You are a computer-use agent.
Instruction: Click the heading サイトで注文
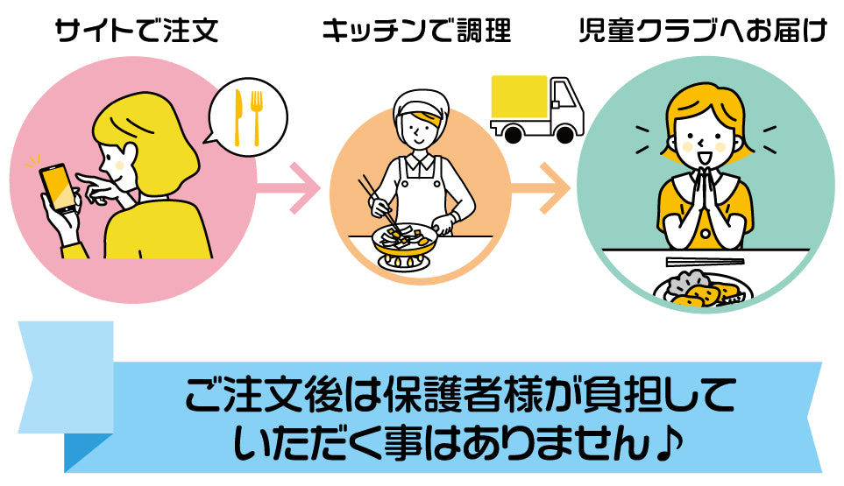point(135,34)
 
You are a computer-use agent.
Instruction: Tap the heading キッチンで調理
point(415,34)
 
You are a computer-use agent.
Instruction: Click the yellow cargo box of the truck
point(521,98)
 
